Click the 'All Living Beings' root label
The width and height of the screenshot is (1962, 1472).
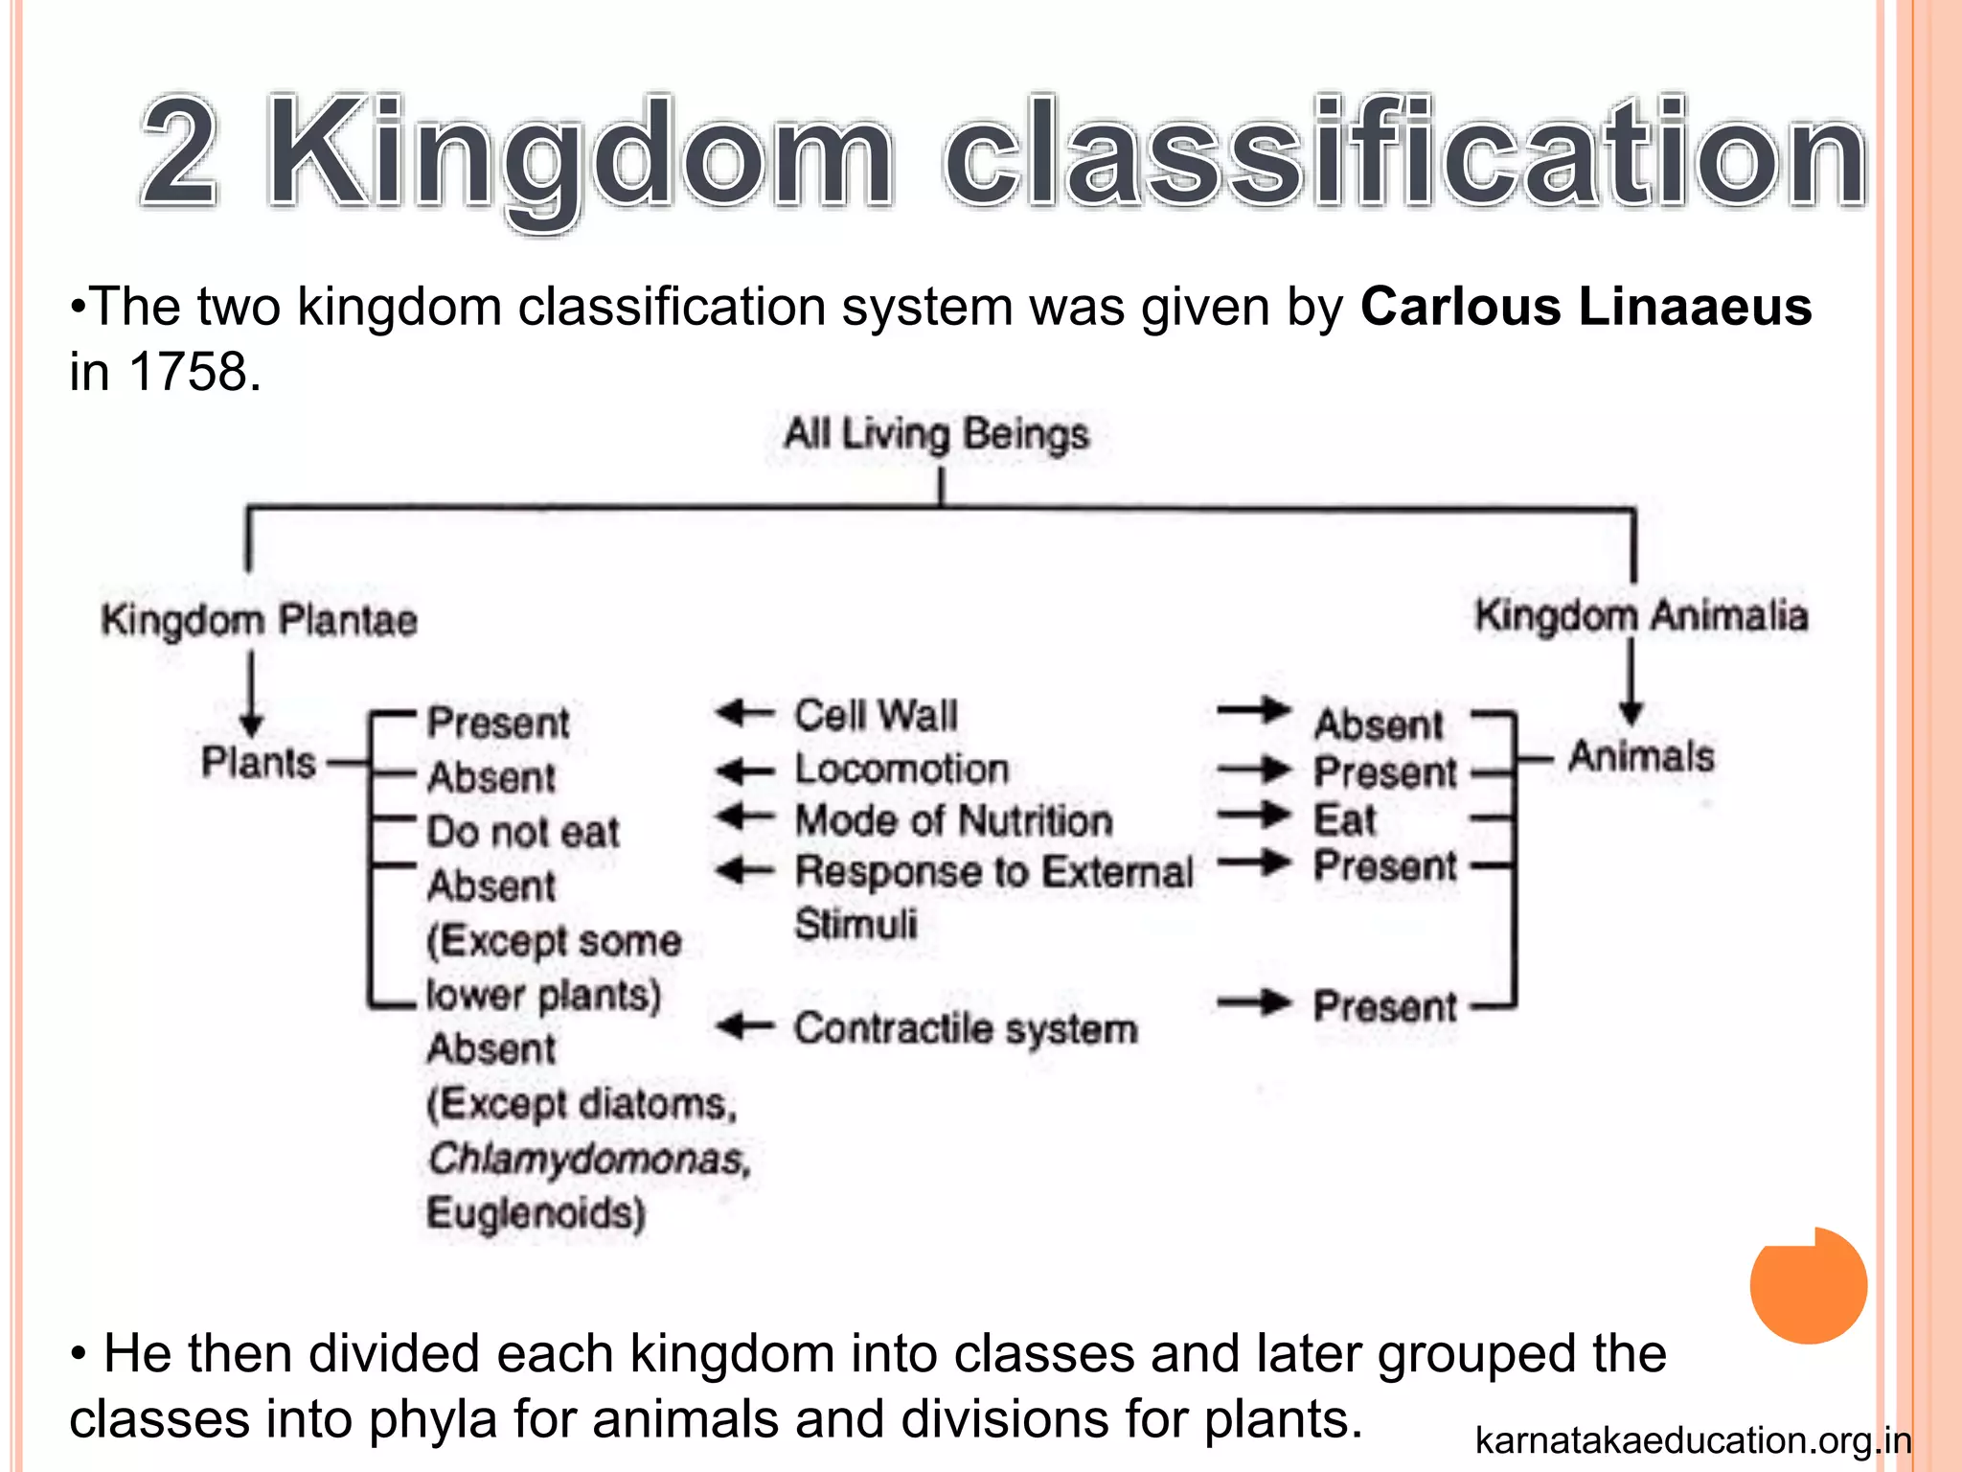(x=936, y=434)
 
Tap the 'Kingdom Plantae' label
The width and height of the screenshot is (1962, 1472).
(x=259, y=620)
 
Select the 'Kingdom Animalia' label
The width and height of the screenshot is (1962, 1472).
(x=1641, y=615)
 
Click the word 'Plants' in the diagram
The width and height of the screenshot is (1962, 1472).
(x=258, y=763)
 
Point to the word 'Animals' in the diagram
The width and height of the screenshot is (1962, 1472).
(x=1640, y=756)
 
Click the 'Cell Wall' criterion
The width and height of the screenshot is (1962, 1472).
(x=876, y=715)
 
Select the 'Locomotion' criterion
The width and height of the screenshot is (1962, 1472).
(x=901, y=769)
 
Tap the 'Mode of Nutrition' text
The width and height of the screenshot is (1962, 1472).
(x=953, y=820)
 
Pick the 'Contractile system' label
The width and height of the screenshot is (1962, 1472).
(x=965, y=1028)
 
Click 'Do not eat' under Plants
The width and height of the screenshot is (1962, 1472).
(x=523, y=831)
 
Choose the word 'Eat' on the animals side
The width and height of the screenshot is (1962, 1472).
(x=1344, y=819)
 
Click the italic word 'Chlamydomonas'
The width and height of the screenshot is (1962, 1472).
(x=588, y=1159)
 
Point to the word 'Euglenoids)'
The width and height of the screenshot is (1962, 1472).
(x=536, y=1213)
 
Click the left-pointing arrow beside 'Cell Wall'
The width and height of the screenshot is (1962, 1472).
(x=744, y=713)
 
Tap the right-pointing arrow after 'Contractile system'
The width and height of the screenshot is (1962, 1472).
(x=1255, y=1003)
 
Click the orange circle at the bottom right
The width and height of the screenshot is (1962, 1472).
(x=1808, y=1285)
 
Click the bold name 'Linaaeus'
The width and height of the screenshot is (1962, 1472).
(x=1695, y=307)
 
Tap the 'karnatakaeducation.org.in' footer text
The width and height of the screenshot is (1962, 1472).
(x=1693, y=1440)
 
